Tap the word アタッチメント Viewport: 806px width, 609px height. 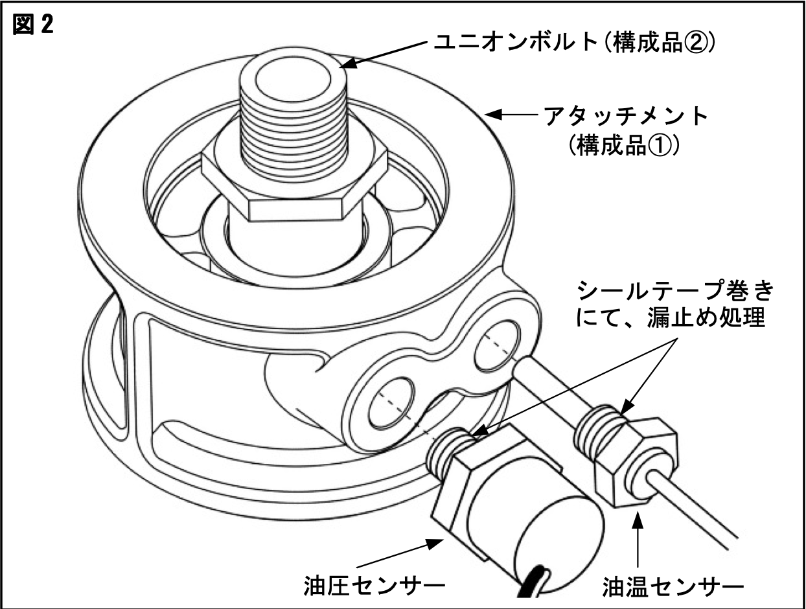click(x=626, y=117)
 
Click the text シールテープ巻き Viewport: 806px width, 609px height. click(x=674, y=292)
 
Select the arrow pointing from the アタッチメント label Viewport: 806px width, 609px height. click(x=512, y=115)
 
